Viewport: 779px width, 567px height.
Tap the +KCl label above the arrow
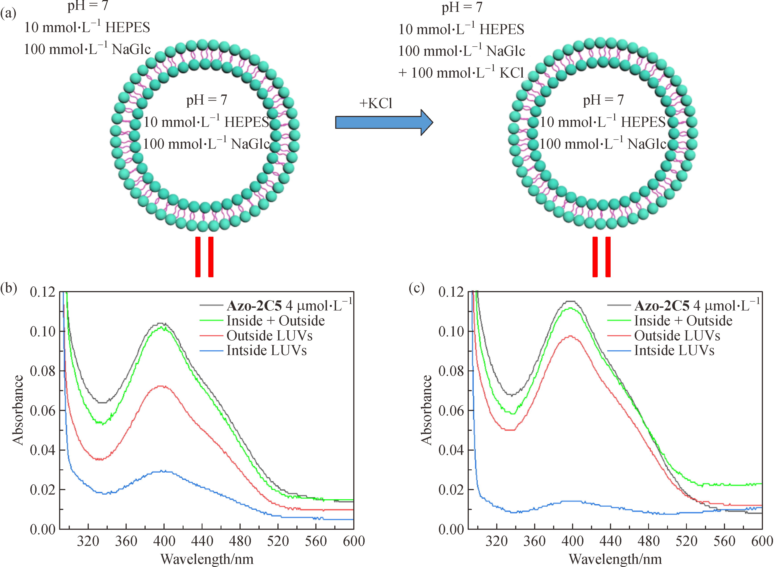click(x=376, y=103)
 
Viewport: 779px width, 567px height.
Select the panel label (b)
click(x=9, y=288)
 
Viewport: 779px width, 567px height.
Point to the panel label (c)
click(x=416, y=288)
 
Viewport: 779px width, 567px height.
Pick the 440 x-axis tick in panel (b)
click(x=202, y=542)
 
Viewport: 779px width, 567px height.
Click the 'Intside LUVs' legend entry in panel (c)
click(x=674, y=350)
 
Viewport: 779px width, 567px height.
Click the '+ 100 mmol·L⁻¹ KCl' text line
click(x=461, y=73)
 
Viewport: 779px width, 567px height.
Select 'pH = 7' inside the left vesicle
click(x=207, y=100)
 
